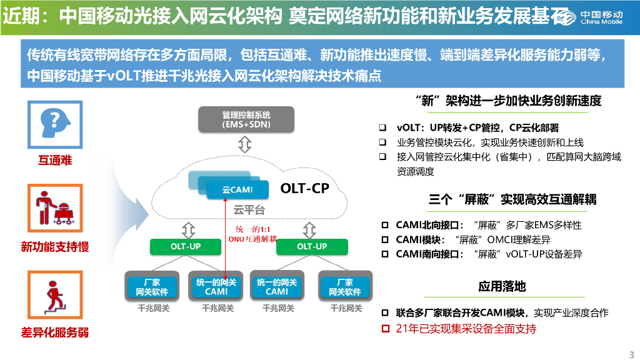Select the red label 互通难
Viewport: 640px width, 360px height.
coord(55,161)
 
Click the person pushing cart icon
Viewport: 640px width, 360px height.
coord(55,207)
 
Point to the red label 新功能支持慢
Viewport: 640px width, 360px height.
coord(55,247)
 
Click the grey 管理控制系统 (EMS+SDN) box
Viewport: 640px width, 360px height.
coord(246,120)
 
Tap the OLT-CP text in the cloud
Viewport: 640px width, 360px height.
coord(304,188)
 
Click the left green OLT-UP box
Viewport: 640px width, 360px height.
coord(186,246)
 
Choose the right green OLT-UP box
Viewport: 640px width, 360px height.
coord(312,246)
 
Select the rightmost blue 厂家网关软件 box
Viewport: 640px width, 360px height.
coord(345,287)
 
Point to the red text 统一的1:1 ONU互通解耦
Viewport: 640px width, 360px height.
coord(252,234)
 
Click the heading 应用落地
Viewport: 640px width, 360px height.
coord(502,286)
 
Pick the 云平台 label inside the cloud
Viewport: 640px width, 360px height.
coord(249,210)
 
